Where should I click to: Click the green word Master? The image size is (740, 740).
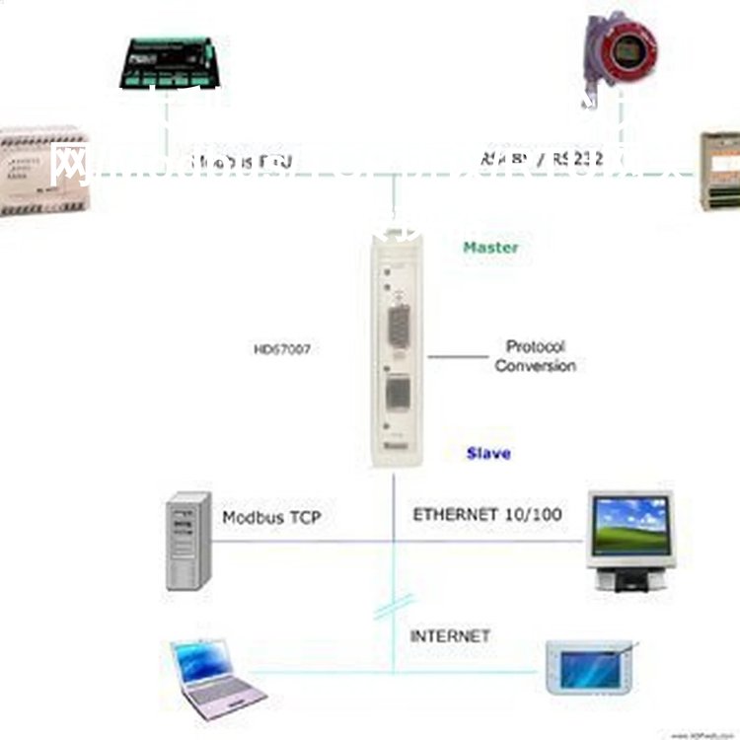490,248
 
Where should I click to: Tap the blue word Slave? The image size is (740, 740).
488,453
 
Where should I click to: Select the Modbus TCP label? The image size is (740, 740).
271,517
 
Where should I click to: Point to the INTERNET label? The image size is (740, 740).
450,636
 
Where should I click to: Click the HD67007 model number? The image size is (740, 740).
282,348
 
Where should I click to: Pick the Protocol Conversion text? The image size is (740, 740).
535,356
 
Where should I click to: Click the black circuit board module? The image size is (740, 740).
170,62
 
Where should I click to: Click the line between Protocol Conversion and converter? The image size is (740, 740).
458,356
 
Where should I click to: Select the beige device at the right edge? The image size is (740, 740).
719,170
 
